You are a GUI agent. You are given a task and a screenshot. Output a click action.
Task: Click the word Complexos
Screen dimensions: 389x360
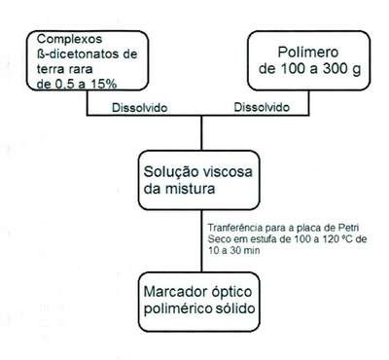click(x=69, y=40)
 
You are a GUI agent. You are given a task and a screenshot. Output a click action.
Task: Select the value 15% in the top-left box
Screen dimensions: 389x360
click(x=104, y=84)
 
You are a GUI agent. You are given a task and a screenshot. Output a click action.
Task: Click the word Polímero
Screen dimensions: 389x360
click(x=308, y=53)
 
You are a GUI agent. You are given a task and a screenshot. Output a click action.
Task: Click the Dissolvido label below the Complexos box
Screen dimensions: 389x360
click(x=140, y=108)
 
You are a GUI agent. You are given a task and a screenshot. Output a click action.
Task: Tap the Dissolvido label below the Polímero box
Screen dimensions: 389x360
click(x=262, y=107)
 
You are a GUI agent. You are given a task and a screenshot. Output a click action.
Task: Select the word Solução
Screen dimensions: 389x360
click(x=168, y=172)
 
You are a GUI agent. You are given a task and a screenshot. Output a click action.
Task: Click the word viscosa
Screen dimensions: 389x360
click(x=225, y=171)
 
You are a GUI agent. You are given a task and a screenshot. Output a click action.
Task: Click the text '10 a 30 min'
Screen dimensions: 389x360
click(x=233, y=250)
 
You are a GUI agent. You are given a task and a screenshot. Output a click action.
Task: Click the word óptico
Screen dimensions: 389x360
click(x=231, y=292)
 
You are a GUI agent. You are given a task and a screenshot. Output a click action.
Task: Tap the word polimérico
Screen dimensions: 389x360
click(x=178, y=308)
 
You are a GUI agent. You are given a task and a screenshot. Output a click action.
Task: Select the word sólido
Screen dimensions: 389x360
click(x=235, y=307)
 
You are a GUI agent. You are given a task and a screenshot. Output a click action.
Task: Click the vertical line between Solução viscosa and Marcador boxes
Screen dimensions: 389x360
click(x=201, y=240)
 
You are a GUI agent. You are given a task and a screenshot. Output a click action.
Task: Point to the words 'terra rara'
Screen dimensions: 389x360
click(x=64, y=69)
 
